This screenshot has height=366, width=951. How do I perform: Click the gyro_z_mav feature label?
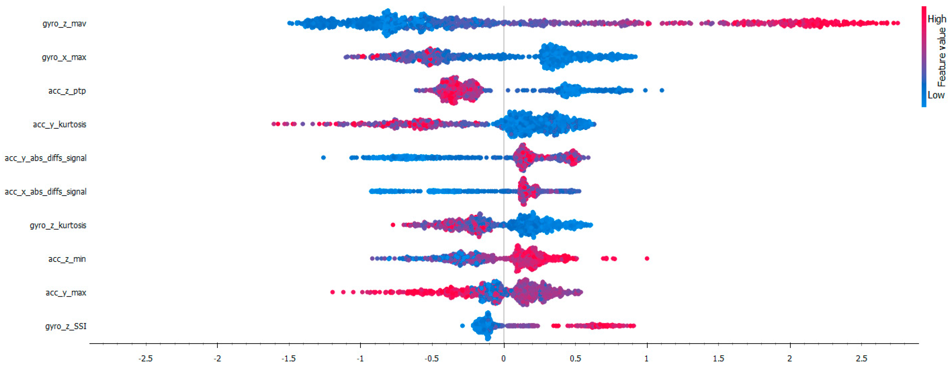[64, 24]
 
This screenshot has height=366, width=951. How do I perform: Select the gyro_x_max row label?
[64, 57]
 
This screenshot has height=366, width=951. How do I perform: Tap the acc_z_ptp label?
[67, 91]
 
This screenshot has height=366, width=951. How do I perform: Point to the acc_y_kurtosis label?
[59, 124]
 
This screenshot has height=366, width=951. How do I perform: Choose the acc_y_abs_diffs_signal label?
[45, 158]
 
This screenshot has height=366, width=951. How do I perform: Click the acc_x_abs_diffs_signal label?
[45, 191]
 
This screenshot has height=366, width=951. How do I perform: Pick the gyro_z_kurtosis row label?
[58, 225]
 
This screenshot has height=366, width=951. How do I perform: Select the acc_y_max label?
[66, 292]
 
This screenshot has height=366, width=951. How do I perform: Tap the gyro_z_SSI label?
[66, 326]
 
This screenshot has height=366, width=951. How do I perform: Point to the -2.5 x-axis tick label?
[145, 358]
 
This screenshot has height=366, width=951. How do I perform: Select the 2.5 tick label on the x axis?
[862, 358]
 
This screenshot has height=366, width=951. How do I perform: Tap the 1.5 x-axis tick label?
[718, 358]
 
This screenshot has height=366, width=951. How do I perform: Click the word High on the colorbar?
[937, 19]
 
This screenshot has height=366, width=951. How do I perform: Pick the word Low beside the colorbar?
[936, 95]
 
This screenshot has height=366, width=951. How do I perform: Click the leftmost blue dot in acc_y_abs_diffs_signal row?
[323, 158]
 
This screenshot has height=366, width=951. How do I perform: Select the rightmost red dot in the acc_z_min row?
[647, 258]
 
